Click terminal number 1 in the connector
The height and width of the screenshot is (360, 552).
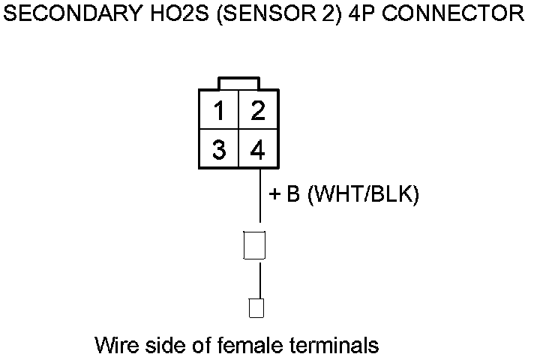click(x=218, y=112)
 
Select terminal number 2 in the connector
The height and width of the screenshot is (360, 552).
click(x=258, y=112)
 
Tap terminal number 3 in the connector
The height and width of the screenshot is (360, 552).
click(x=218, y=150)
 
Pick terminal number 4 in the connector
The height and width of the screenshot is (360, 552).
click(x=258, y=150)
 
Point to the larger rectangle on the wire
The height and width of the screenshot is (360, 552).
click(x=255, y=245)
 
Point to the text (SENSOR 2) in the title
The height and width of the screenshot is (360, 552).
click(x=277, y=14)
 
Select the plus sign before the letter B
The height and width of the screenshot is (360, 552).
click(x=274, y=195)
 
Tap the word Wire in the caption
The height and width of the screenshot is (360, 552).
click(x=115, y=346)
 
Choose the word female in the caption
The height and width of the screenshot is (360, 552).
click(x=241, y=346)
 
